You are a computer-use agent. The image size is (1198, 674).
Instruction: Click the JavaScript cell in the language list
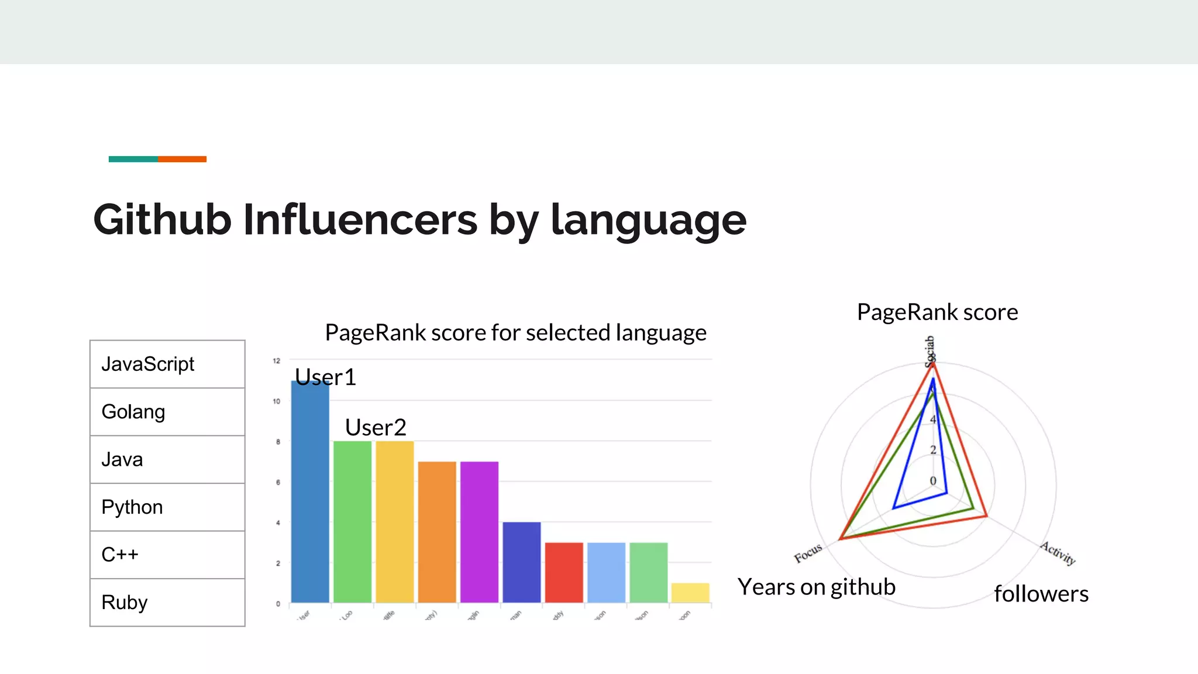[x=167, y=364]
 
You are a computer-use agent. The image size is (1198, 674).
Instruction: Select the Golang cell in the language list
[x=167, y=412]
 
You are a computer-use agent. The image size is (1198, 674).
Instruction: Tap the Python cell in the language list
[x=167, y=507]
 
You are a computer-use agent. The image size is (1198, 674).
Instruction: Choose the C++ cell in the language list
[x=167, y=555]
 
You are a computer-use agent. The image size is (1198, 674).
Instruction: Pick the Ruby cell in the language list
[x=167, y=603]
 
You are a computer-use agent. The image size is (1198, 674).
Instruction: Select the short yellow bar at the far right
[x=690, y=593]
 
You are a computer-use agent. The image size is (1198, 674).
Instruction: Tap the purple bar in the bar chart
[x=479, y=532]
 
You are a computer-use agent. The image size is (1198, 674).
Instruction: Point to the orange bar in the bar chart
[x=437, y=532]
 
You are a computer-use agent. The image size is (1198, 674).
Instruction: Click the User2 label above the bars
[x=376, y=428]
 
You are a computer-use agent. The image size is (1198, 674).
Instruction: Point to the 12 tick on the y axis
[x=277, y=361]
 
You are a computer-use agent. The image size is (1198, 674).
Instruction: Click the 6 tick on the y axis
[x=278, y=482]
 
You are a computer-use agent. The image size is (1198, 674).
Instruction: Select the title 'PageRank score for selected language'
[x=515, y=333]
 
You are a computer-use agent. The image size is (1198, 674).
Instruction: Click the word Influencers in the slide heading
[x=360, y=220]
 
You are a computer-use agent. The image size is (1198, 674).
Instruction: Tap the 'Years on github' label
[x=816, y=587]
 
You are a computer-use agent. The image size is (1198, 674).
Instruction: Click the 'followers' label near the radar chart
[x=1041, y=594]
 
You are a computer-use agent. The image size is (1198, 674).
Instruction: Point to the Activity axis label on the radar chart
[x=1058, y=553]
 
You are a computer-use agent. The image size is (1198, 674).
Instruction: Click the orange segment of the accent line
[x=182, y=159]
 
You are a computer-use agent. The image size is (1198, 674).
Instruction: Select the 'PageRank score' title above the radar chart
[x=937, y=312]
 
